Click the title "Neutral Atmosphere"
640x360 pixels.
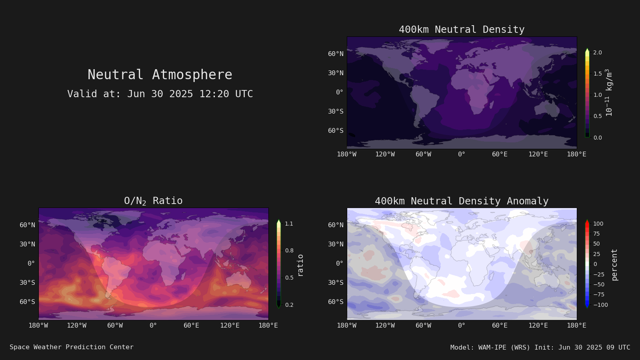pos(160,74)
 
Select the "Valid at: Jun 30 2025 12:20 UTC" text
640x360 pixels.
pos(160,94)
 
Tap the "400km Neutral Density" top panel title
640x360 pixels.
pos(462,30)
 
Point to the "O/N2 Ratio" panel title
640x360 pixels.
pos(153,201)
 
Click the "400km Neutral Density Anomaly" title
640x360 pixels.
pos(462,201)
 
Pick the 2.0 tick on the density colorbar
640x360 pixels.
pos(598,52)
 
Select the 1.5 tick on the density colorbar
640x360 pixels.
pos(598,74)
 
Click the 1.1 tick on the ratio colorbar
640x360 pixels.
pos(289,224)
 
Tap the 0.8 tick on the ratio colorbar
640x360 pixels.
pos(289,250)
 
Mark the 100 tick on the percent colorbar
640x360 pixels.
pos(598,224)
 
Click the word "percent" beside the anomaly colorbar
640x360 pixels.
pos(614,265)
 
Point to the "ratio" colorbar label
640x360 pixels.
pos(300,265)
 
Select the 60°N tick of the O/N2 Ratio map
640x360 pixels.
pos(28,225)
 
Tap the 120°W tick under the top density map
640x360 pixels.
pos(385,154)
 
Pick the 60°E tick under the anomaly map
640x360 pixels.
pos(500,326)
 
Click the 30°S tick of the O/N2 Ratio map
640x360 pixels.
pos(28,282)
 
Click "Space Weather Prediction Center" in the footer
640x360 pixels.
pos(72,347)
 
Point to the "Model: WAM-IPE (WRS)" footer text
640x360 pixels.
pos(490,348)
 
